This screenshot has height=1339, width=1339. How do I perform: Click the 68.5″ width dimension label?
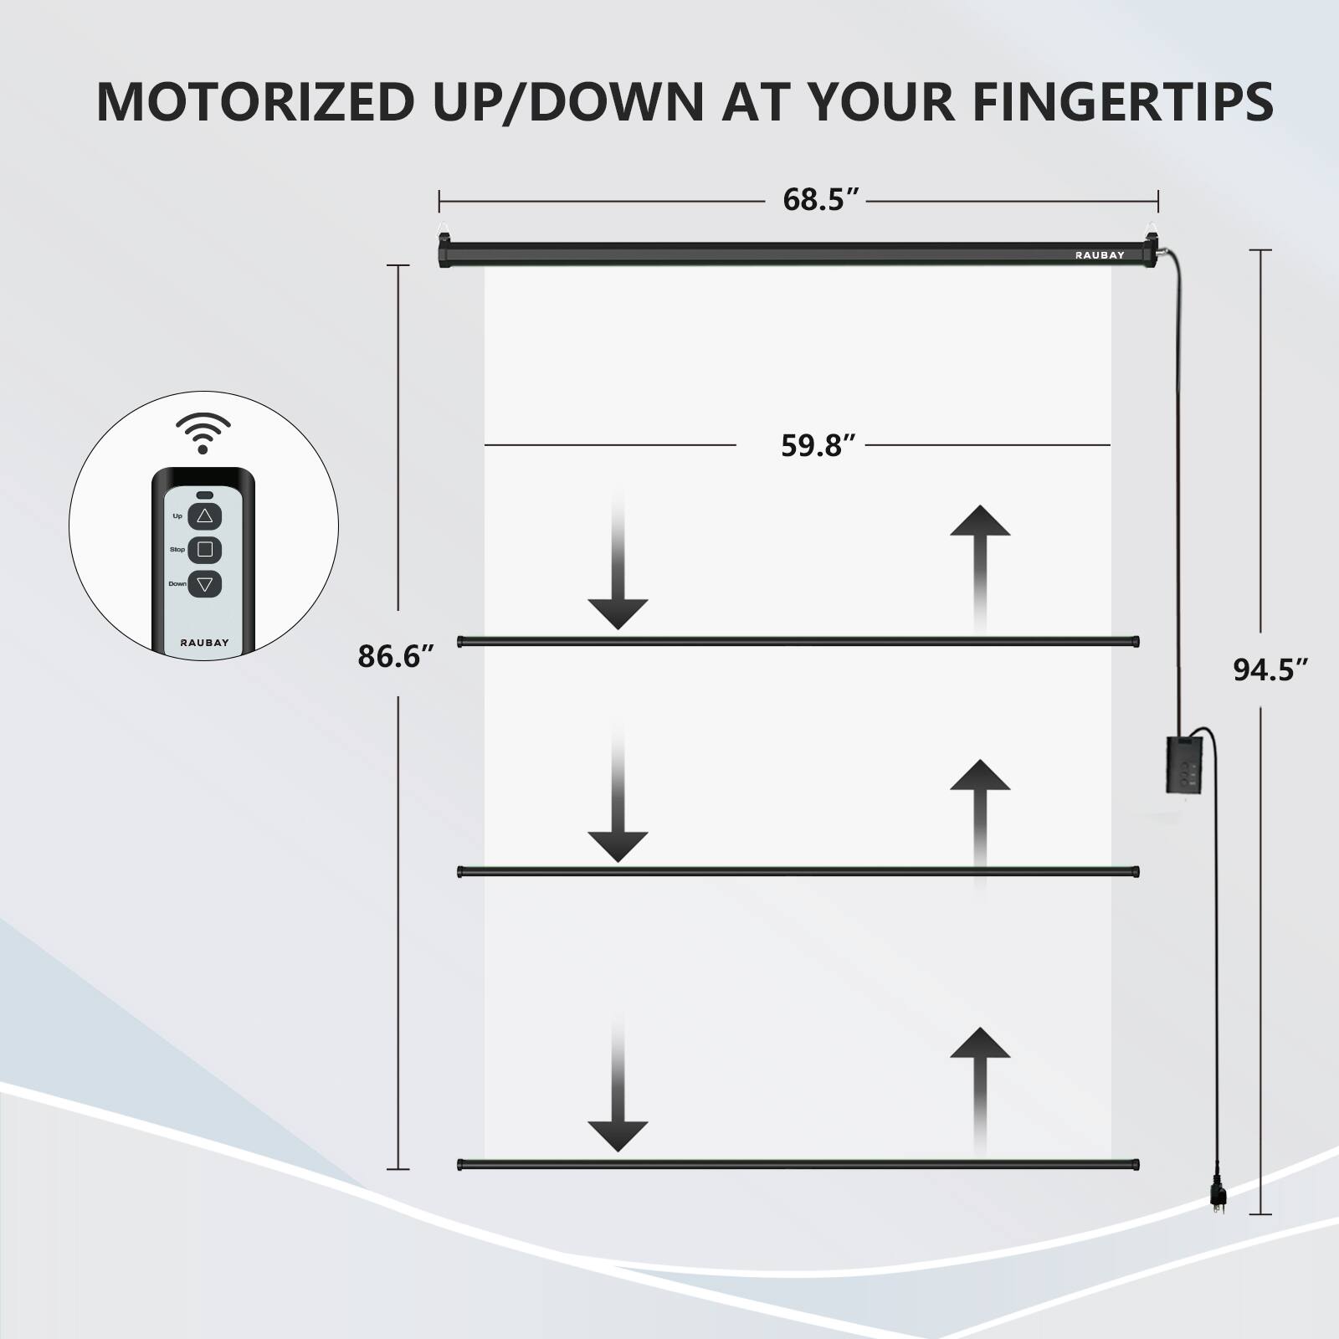(821, 201)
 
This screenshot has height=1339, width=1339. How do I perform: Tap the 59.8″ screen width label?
(818, 445)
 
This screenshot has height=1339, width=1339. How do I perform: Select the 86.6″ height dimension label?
(396, 656)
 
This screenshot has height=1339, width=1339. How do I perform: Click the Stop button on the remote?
(205, 550)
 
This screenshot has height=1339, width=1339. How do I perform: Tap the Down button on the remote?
(205, 584)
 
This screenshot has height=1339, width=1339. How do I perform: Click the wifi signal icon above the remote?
(203, 432)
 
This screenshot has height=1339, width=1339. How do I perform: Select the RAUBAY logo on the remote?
(204, 643)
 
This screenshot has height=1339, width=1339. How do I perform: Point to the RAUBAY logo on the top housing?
(1100, 255)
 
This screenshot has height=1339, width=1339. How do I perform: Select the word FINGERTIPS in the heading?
(1122, 102)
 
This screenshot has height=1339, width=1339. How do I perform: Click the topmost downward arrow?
(618, 569)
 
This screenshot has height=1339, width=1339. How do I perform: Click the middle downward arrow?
(618, 803)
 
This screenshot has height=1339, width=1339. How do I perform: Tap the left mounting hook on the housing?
(445, 228)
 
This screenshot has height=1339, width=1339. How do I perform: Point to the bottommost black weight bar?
(798, 1164)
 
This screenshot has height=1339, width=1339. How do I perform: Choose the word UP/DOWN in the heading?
(568, 102)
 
